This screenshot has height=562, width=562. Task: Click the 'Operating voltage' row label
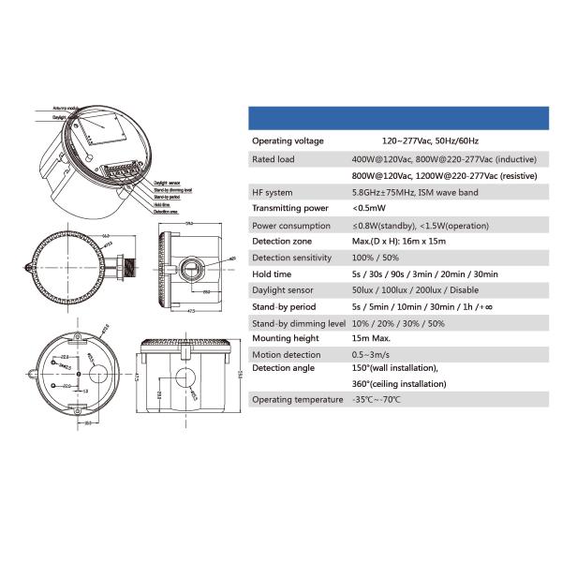(x=288, y=140)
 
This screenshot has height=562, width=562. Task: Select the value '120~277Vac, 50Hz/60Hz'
(x=405, y=140)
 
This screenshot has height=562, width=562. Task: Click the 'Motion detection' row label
(x=287, y=355)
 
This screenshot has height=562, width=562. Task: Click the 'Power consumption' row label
(x=291, y=225)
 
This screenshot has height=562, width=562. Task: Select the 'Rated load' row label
(x=274, y=160)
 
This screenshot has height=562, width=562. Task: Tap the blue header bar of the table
(x=398, y=118)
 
